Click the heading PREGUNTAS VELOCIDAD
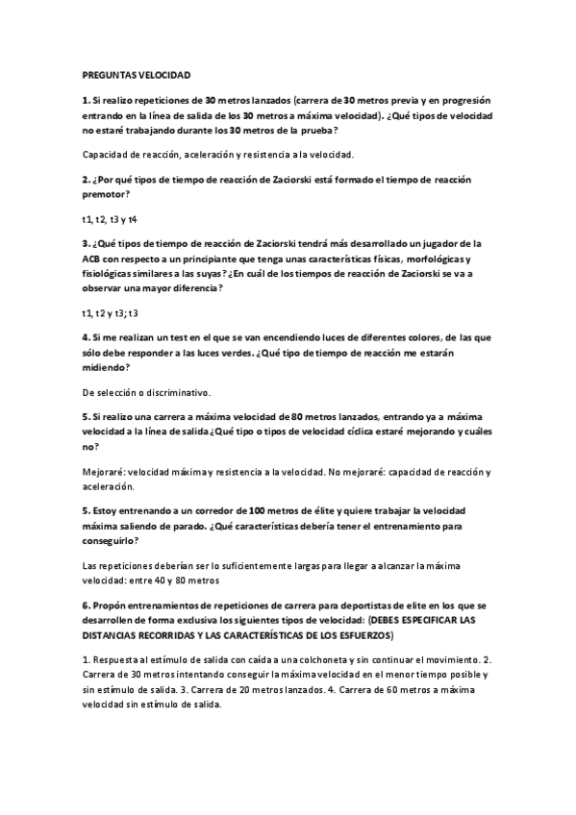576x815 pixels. (137, 74)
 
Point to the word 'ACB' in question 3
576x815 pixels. (93, 259)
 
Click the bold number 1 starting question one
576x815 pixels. (85, 99)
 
